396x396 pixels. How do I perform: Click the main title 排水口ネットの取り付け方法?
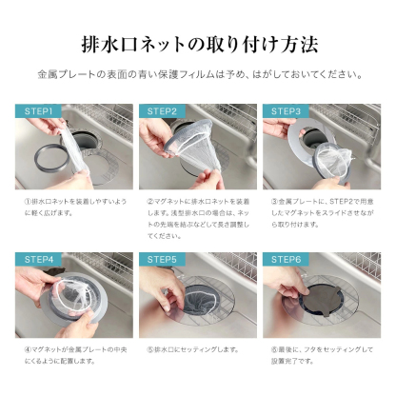pos(198,45)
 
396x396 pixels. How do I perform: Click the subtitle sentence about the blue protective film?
pos(198,74)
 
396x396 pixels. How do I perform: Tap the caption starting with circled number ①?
pos(70,209)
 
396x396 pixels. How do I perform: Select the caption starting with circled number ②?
pos(197,218)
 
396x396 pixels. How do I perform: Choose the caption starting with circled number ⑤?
pos(190,349)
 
